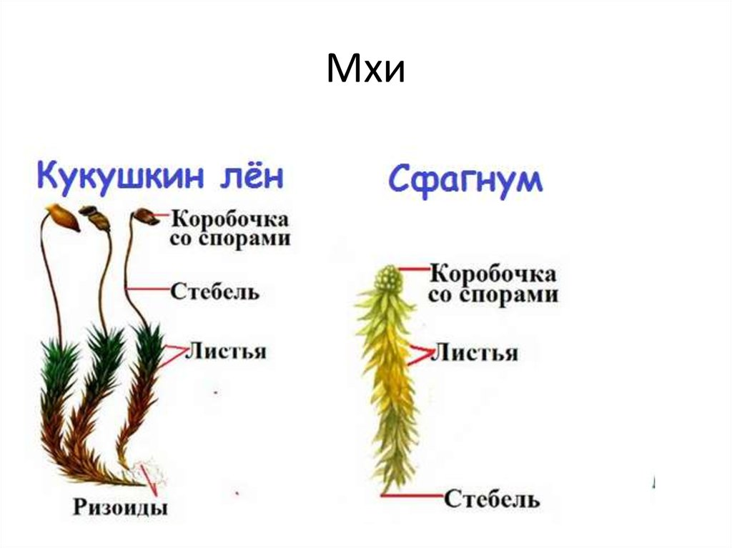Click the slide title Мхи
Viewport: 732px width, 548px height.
coord(365,70)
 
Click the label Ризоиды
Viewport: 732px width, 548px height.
coord(120,508)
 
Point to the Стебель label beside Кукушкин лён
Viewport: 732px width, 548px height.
coord(214,291)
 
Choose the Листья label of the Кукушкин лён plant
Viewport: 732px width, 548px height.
coord(226,351)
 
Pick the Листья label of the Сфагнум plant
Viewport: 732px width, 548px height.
coord(476,352)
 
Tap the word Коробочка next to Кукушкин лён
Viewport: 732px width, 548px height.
coord(230,218)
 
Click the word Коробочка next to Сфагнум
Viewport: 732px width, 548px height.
coord(494,274)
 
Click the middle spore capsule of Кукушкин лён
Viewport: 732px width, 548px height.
coord(96,216)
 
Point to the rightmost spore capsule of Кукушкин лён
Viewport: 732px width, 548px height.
coord(146,216)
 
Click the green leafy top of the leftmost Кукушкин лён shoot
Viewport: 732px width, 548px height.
coord(60,364)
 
